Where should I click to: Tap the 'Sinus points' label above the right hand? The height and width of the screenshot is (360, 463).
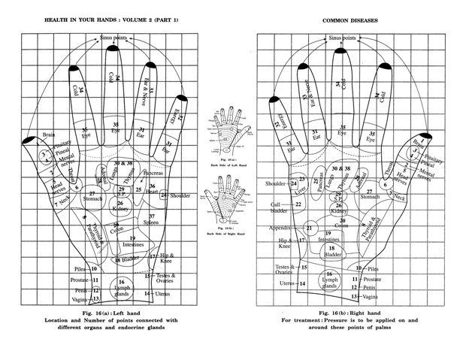345,37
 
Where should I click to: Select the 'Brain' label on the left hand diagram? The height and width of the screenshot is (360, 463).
49,135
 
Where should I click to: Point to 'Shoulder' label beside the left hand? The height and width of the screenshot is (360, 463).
180,195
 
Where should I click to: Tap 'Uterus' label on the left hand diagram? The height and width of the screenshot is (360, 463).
163,293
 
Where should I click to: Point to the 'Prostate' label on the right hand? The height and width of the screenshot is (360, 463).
371,279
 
